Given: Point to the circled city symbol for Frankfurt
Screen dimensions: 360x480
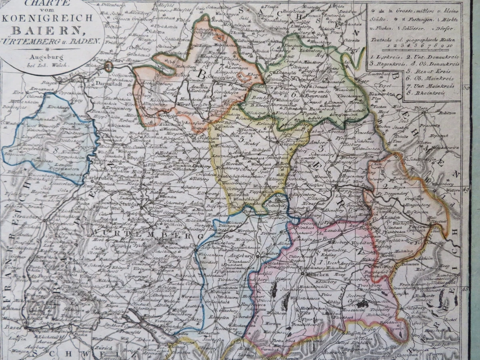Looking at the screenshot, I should coord(108,66).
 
